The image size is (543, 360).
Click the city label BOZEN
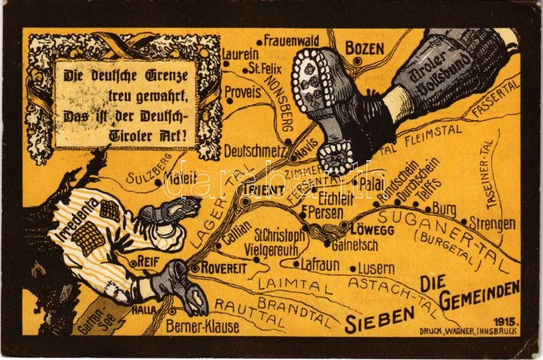[365, 48]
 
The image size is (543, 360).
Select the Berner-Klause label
[202, 327]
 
